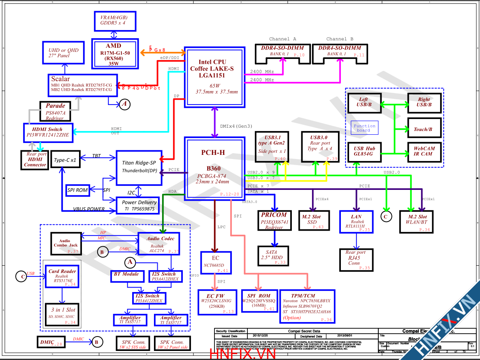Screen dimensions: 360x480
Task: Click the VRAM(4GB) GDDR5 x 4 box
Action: [113, 21]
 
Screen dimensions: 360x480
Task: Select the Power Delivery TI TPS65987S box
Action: [140, 206]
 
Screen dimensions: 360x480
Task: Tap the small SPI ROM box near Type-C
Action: [77, 190]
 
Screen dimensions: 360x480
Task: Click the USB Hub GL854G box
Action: [363, 151]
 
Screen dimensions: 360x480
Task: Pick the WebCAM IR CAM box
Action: [424, 151]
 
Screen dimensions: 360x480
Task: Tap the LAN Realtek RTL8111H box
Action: [356, 222]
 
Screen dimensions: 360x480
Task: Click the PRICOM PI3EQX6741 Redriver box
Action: [274, 221]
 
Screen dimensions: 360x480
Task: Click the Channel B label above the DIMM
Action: [340, 39]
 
